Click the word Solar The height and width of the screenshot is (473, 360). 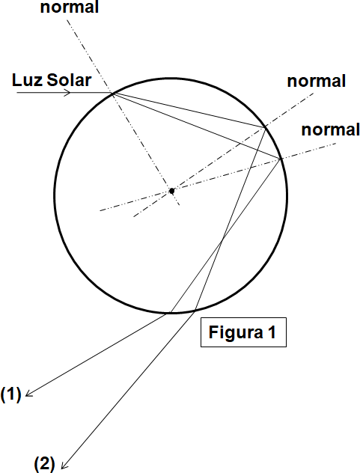(x=69, y=80)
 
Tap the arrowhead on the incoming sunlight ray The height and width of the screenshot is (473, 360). (x=67, y=93)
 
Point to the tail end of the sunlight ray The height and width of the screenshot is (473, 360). (x=17, y=93)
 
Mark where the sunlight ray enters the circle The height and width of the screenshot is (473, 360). (x=113, y=94)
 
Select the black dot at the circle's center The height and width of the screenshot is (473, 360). (x=171, y=191)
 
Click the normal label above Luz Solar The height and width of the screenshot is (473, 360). (x=70, y=7)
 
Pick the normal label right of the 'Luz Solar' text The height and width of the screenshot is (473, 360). (x=317, y=81)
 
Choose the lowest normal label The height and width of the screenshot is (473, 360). (x=330, y=129)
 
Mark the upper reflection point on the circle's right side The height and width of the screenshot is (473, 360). (x=265, y=129)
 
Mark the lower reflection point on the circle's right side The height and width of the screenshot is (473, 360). (x=281, y=159)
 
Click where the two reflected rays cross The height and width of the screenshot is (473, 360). (x=222, y=239)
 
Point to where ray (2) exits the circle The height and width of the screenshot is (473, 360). (x=195, y=309)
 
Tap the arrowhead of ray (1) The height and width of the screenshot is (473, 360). (x=28, y=394)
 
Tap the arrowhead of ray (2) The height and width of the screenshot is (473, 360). (x=64, y=465)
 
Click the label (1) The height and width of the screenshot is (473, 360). (x=11, y=394)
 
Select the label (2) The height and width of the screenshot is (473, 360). (x=44, y=464)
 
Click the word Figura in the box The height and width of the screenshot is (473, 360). (x=235, y=333)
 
